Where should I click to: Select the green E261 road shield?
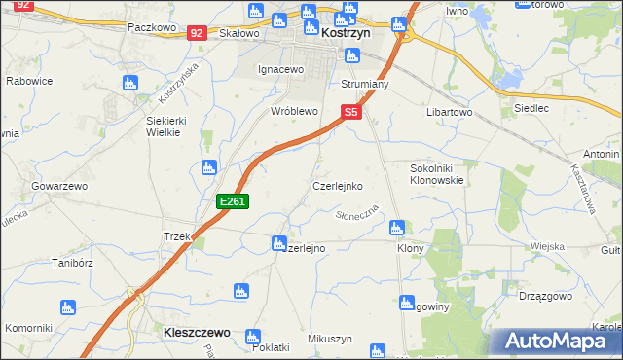(235, 201)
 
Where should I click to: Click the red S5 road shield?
(351, 113)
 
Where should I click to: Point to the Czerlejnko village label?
(338, 184)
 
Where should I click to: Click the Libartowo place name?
(449, 113)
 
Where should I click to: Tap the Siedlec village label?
(531, 108)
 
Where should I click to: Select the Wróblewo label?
(295, 111)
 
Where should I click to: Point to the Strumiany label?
(365, 85)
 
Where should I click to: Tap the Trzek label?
(176, 236)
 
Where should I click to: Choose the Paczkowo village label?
(151, 28)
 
